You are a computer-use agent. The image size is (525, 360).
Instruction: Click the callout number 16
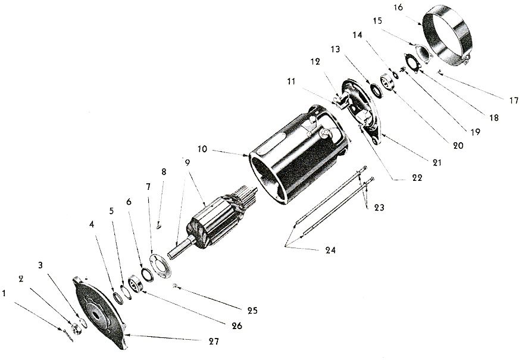tap(398, 7)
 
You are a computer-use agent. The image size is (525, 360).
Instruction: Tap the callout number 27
tap(214, 342)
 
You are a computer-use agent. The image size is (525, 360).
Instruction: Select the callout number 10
tap(202, 149)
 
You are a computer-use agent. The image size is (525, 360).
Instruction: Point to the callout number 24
tap(330, 250)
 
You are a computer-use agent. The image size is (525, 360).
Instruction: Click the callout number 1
tap(4, 293)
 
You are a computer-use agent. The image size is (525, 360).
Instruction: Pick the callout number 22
tap(417, 178)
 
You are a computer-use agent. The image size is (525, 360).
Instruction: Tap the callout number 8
tap(164, 171)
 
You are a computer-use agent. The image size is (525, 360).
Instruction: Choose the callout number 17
tap(514, 100)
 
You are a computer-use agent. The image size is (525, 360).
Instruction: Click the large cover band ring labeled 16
tap(448, 37)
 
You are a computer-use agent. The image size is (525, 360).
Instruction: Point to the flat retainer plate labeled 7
tap(160, 267)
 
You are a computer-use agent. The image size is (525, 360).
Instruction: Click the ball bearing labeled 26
tap(136, 283)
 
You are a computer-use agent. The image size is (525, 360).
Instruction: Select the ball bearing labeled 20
tap(387, 83)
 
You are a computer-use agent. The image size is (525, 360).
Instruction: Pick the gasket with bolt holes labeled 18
tap(411, 62)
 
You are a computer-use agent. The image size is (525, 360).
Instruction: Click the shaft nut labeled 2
tap(77, 328)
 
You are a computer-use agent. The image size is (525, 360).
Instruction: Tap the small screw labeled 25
tap(175, 286)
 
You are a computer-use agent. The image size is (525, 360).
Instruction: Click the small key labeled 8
tap(159, 227)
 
